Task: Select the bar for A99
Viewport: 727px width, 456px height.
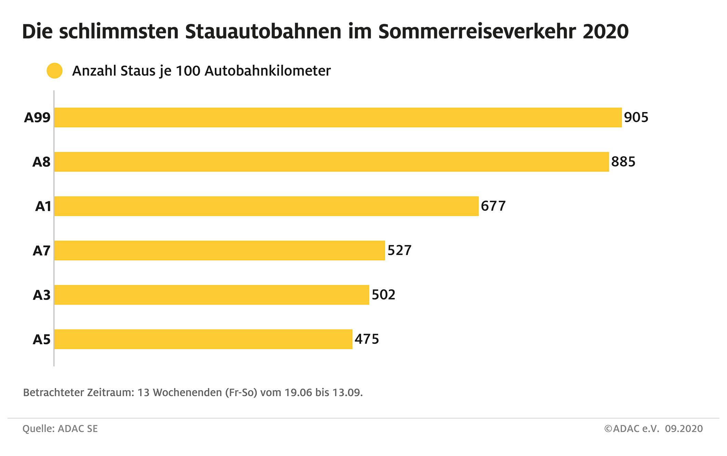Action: tap(338, 118)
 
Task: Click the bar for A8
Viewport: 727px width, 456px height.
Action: tap(331, 162)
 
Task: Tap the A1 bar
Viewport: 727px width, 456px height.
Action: tap(266, 206)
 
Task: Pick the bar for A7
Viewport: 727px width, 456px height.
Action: tap(220, 250)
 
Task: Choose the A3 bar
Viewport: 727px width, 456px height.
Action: tap(212, 295)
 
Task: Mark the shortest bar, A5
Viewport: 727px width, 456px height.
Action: tap(203, 339)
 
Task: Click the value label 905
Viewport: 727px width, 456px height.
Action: tap(636, 118)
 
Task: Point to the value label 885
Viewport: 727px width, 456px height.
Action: tap(623, 162)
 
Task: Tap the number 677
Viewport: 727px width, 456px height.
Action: tap(493, 206)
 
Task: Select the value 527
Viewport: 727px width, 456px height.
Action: tap(399, 250)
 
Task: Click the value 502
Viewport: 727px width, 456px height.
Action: tap(383, 295)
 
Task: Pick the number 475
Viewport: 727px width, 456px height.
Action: tap(367, 339)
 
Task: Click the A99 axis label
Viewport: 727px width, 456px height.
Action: tap(37, 118)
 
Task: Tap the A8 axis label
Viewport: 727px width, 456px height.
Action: tap(41, 162)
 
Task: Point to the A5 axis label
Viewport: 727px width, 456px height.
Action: tap(41, 340)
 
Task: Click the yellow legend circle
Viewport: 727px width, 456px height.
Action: tap(55, 71)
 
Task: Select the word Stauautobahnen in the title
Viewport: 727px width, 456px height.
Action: tap(263, 32)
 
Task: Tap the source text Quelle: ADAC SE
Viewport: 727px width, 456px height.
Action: tap(60, 429)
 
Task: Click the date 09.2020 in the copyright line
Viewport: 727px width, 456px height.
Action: tap(684, 429)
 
